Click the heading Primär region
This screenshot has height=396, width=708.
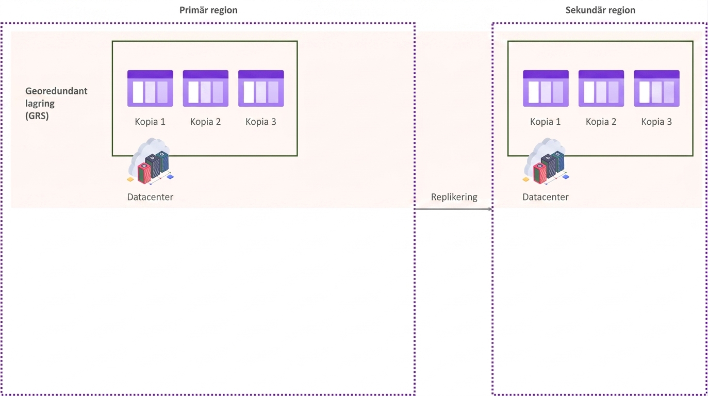tap(208, 10)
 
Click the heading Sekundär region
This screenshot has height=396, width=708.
tap(600, 10)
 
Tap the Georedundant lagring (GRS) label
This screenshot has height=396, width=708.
tap(56, 103)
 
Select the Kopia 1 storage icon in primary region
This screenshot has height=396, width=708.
tap(150, 88)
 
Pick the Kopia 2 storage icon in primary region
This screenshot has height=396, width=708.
tap(205, 88)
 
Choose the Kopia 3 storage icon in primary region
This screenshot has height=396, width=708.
tap(261, 88)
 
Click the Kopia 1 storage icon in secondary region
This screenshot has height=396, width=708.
tap(546, 88)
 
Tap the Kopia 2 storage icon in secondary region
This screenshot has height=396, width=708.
tap(601, 88)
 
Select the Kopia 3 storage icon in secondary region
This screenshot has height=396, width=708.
tap(657, 88)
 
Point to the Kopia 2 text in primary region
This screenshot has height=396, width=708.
tap(205, 122)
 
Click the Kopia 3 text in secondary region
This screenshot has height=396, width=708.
tap(656, 122)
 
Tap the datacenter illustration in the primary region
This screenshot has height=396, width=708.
tap(151, 161)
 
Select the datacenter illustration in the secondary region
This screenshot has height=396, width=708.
tap(546, 161)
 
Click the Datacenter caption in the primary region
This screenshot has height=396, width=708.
tap(150, 197)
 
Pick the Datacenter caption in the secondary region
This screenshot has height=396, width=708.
tap(546, 197)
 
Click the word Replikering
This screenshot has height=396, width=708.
tap(454, 197)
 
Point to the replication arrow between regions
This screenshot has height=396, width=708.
tap(454, 209)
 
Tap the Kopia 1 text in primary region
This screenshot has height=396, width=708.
tap(150, 122)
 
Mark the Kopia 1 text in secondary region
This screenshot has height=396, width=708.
tap(546, 122)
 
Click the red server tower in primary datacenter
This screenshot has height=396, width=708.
tap(144, 173)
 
